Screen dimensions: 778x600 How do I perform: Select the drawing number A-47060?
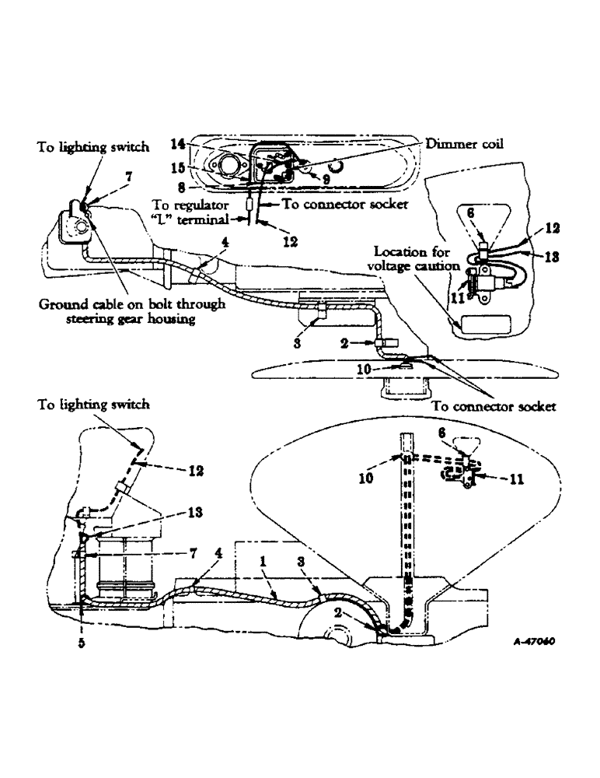pyautogui.click(x=536, y=643)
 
